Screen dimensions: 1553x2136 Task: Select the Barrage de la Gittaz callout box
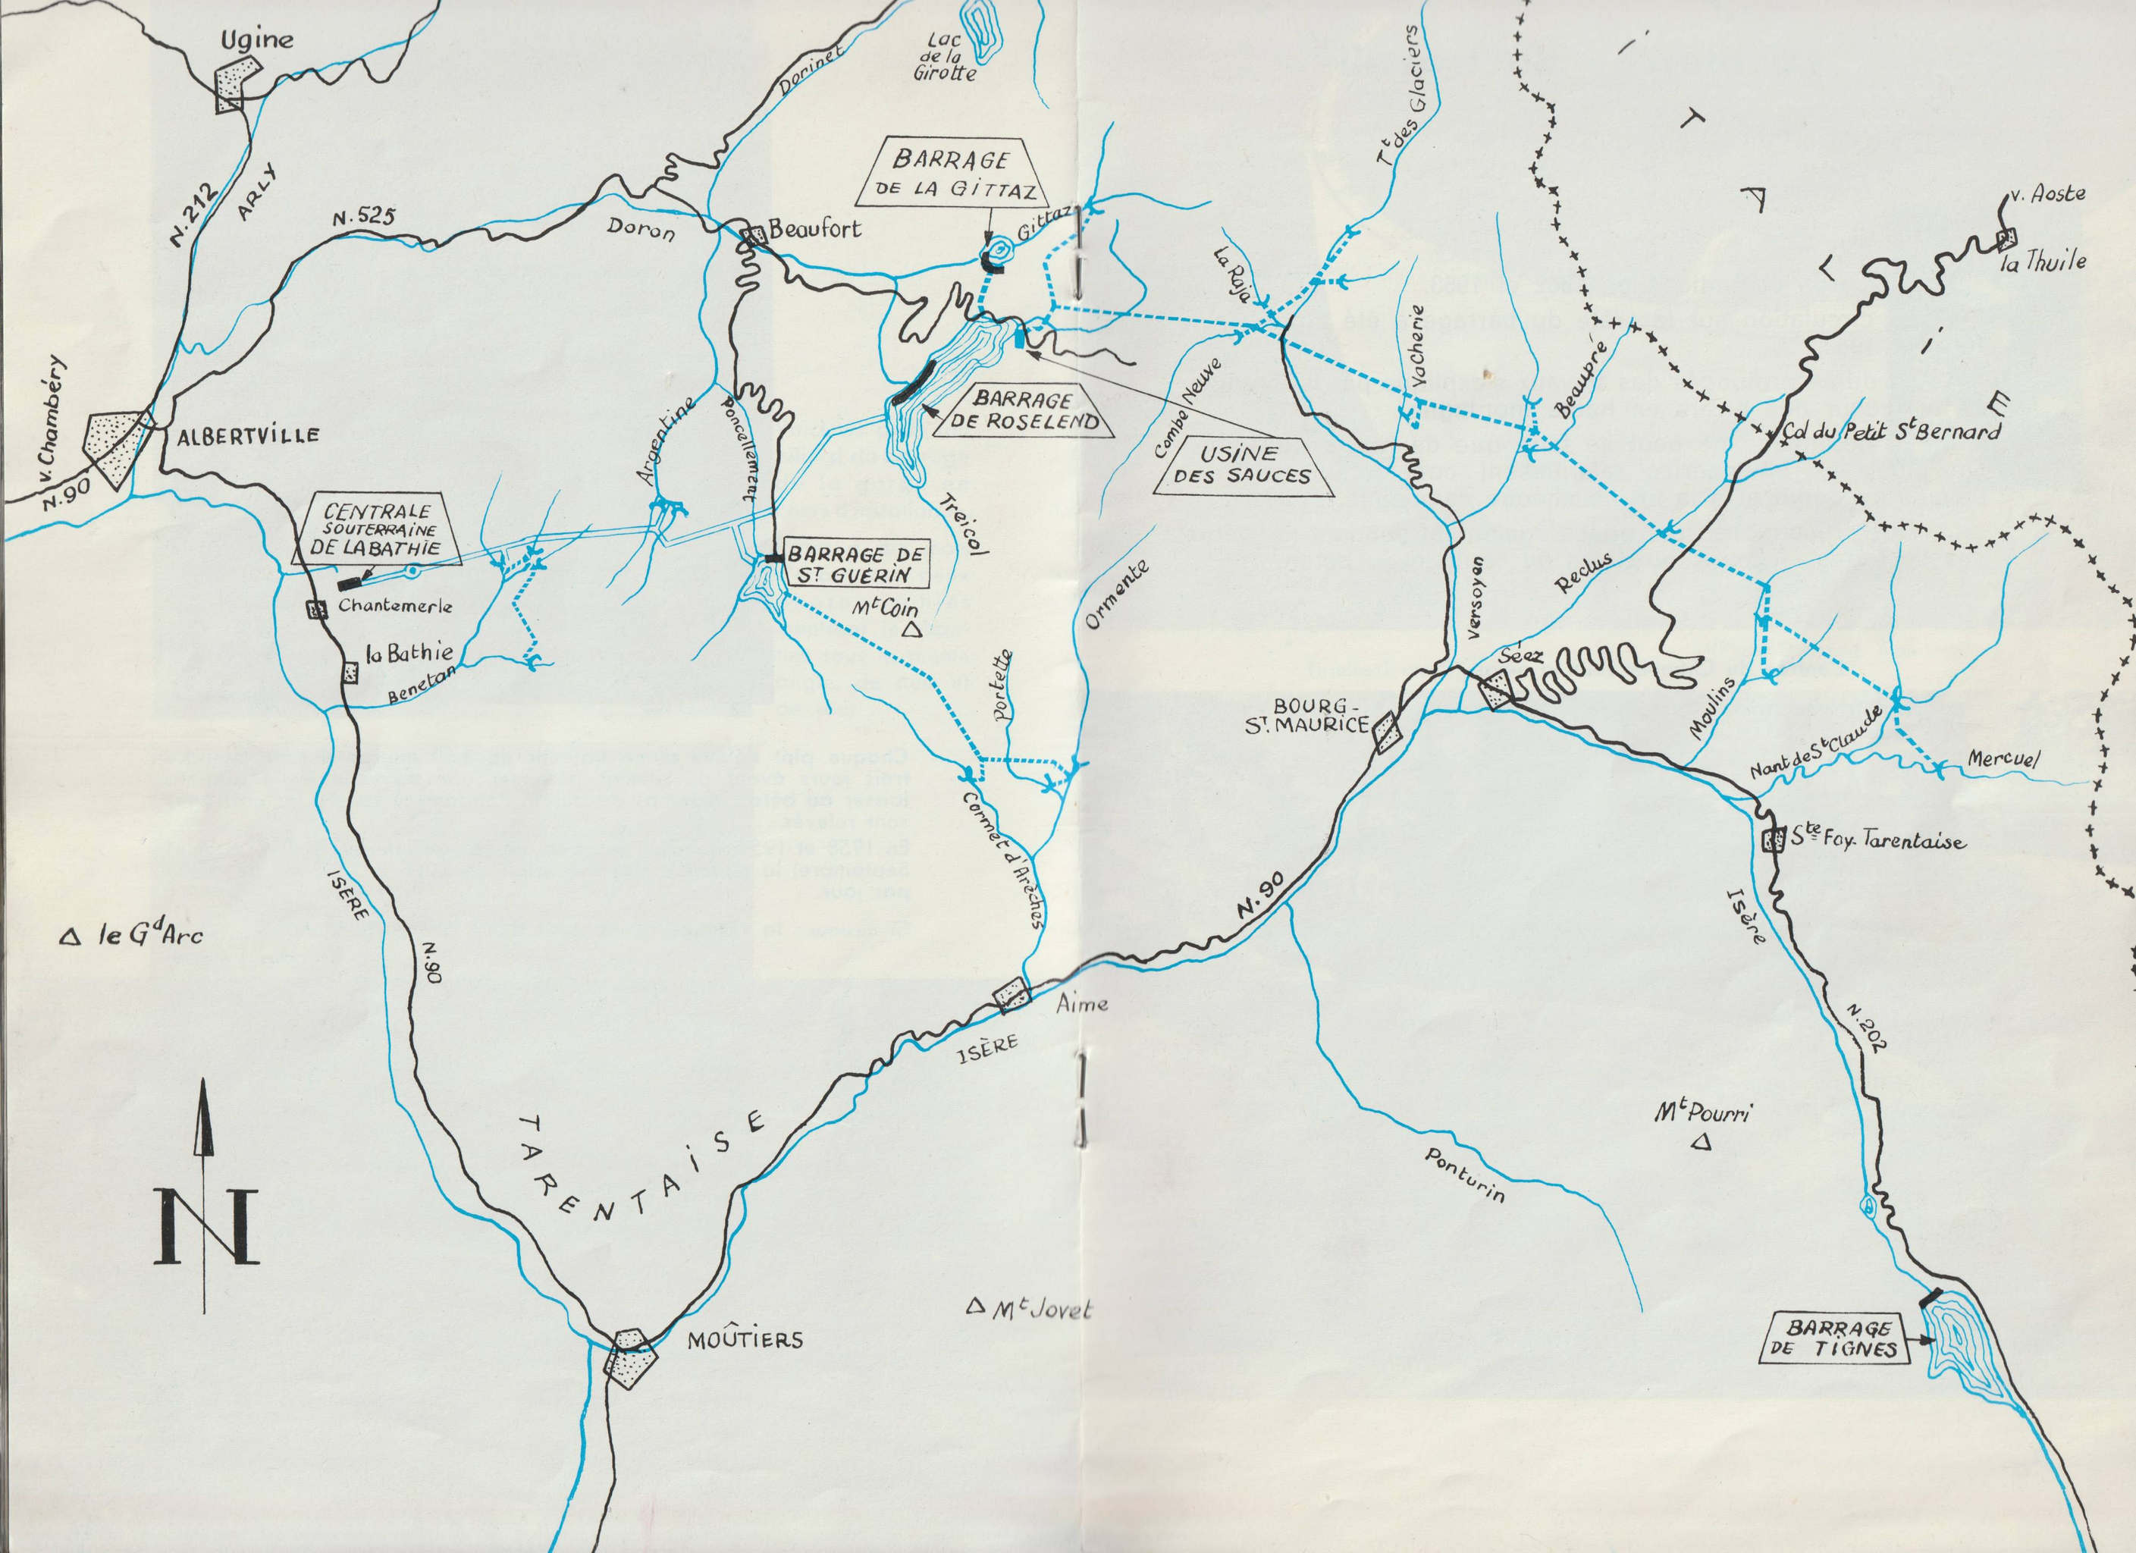952,174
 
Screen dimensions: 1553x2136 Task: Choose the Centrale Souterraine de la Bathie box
377,531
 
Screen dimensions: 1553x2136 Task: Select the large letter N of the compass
206,1225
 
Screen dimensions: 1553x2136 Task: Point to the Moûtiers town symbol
627,1356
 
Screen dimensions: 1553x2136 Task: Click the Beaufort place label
814,229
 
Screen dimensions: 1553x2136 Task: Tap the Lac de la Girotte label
944,57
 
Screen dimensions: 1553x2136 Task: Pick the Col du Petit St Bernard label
1891,432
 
